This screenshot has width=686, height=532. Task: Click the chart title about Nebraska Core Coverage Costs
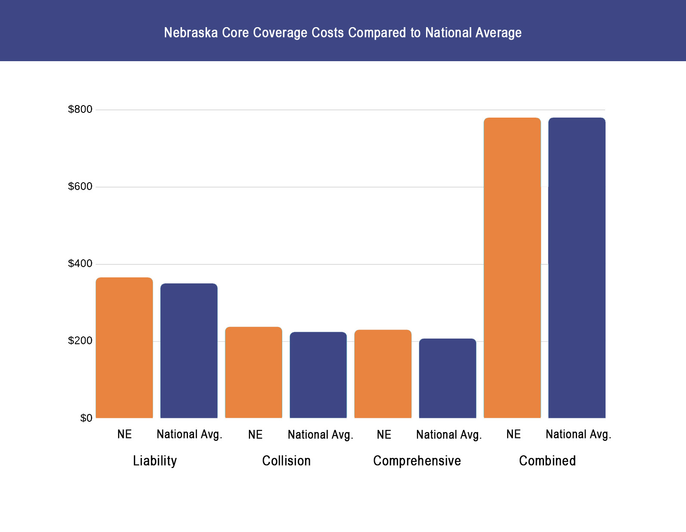point(343,33)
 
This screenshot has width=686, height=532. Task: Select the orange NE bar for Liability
point(124,348)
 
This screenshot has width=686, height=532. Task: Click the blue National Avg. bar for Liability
point(189,351)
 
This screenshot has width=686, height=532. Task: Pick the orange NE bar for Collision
point(253,372)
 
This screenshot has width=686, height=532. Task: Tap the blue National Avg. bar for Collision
point(318,375)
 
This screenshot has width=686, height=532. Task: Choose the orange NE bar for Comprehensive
point(383,373)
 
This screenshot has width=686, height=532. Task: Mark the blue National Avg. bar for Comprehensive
point(448,378)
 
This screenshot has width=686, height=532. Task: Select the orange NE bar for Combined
point(512,268)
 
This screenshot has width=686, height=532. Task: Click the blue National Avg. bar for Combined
point(577,268)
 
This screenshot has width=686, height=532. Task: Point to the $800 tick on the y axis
point(80,109)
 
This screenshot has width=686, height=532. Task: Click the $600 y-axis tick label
point(80,187)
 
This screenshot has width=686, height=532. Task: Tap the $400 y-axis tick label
point(80,264)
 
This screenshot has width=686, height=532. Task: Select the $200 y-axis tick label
point(80,341)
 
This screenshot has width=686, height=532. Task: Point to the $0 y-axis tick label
point(86,418)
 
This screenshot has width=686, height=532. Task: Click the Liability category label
point(155,460)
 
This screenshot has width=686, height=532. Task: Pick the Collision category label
point(286,460)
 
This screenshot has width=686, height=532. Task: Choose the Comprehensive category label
point(417,460)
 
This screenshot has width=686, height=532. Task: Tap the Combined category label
point(547,460)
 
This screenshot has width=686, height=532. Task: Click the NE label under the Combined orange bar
point(513,434)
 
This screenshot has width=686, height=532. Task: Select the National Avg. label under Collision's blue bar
point(320,435)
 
